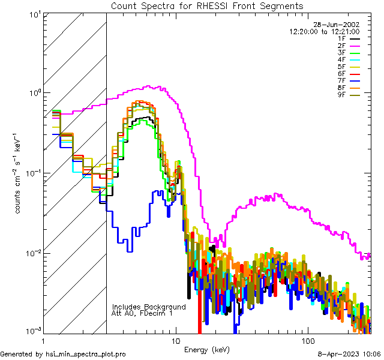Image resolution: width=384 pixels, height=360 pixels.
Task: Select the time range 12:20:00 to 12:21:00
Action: click(x=325, y=32)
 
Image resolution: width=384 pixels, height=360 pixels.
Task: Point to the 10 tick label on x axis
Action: click(x=176, y=340)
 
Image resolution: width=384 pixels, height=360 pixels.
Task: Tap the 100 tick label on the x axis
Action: click(x=308, y=340)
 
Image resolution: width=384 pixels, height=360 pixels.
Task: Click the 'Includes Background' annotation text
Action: click(x=149, y=307)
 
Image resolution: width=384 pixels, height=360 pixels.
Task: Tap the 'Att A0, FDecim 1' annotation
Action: click(x=142, y=313)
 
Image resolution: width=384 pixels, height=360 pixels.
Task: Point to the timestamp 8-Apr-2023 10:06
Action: click(x=349, y=354)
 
